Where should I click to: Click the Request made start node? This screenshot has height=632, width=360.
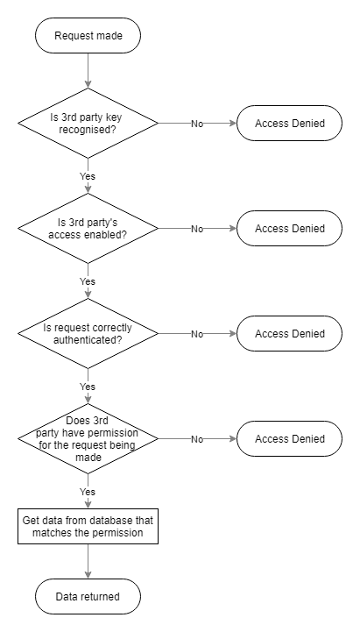click(88, 35)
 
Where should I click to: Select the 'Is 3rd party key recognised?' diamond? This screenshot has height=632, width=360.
click(88, 123)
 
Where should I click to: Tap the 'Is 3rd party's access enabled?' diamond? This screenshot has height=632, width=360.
click(88, 228)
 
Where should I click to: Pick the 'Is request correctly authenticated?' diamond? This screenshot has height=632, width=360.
click(88, 333)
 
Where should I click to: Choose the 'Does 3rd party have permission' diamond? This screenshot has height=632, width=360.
click(88, 438)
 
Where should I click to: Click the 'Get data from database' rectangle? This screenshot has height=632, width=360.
click(88, 527)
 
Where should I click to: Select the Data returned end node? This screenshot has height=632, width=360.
click(88, 597)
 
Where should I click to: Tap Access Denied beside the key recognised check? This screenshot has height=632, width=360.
click(290, 123)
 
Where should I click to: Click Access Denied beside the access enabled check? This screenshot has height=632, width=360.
click(290, 228)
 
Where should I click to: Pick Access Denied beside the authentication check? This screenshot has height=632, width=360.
click(290, 333)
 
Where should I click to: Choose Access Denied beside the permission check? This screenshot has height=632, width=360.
click(290, 438)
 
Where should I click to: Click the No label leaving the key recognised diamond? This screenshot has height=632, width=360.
click(197, 124)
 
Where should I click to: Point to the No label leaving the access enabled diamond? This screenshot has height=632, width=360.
click(197, 229)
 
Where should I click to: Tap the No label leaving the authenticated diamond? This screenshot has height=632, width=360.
click(197, 334)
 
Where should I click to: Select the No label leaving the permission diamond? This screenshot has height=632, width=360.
click(197, 439)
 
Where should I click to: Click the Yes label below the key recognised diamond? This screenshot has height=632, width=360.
click(88, 176)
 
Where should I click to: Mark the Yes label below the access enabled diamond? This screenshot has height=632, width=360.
click(88, 281)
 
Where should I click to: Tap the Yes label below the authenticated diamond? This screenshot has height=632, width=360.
click(88, 387)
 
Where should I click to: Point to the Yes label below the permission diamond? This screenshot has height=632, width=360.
click(88, 492)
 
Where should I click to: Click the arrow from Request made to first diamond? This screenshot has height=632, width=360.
click(88, 70)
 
